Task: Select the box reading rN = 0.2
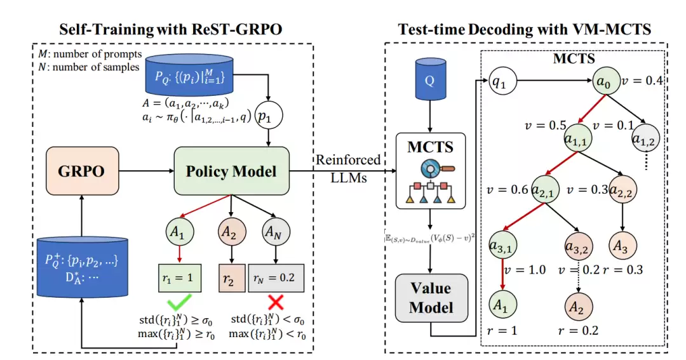275,277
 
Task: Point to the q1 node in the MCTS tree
501,81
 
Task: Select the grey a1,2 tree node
644,138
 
